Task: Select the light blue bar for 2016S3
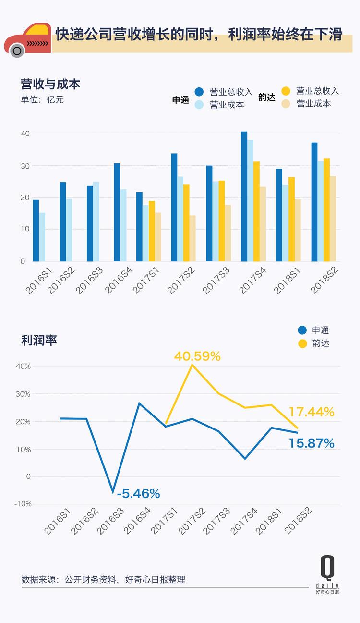tap(96, 221)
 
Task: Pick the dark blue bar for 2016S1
tap(36, 231)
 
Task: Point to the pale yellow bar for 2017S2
tap(192, 238)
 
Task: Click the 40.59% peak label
tap(197, 356)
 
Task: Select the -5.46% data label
tap(138, 493)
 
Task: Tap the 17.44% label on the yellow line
tap(311, 412)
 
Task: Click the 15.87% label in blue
tap(311, 443)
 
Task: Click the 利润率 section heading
tap(39, 341)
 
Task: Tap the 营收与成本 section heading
tap(50, 84)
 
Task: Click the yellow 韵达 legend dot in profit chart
tap(302, 343)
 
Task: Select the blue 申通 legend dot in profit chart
tap(302, 330)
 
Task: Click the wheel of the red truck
tap(17, 50)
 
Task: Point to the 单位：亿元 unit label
tap(42, 100)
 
